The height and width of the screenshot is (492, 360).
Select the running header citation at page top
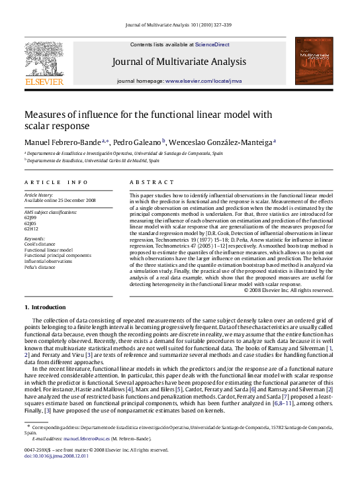coord(179,26)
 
